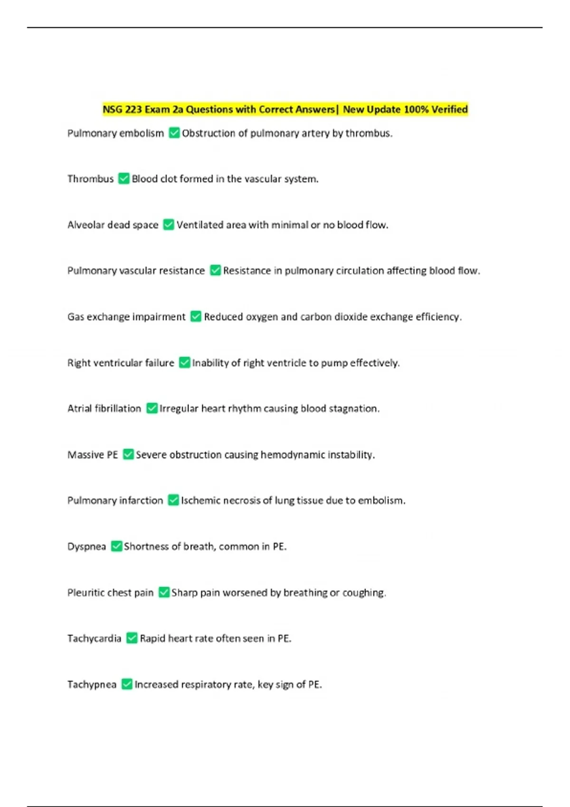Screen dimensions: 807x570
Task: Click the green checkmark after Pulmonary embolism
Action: [x=174, y=133]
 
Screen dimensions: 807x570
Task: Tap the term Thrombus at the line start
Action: [x=90, y=179]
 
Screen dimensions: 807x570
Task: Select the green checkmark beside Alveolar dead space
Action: [x=169, y=225]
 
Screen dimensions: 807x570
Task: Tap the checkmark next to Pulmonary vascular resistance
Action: [x=215, y=271]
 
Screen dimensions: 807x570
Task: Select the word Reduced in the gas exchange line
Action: [x=223, y=317]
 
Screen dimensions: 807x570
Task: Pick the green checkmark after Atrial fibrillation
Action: [x=152, y=408]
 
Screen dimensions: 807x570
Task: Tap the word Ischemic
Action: [x=200, y=500]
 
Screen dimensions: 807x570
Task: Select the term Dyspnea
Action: [x=86, y=546]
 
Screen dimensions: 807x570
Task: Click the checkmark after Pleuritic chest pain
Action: [x=164, y=592]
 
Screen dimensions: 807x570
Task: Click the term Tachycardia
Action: [x=94, y=638]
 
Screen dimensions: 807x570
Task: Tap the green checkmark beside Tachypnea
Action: [x=127, y=684]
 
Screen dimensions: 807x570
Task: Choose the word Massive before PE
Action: [x=85, y=455]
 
